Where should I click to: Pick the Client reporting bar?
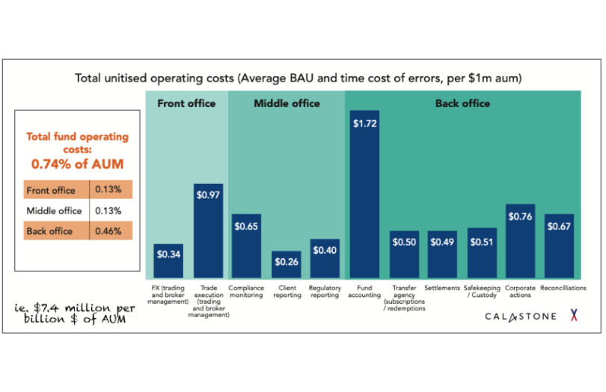(286, 265)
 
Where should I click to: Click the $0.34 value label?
(168, 254)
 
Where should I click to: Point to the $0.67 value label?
(559, 227)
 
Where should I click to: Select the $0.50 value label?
(404, 242)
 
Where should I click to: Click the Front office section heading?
(186, 103)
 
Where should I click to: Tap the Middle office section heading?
(287, 103)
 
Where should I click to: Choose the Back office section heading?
(462, 103)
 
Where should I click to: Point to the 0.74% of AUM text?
(78, 163)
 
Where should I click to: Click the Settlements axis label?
(442, 288)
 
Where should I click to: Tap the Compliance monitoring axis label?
(247, 292)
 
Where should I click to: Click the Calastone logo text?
(520, 316)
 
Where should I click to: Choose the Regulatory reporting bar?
(325, 259)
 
